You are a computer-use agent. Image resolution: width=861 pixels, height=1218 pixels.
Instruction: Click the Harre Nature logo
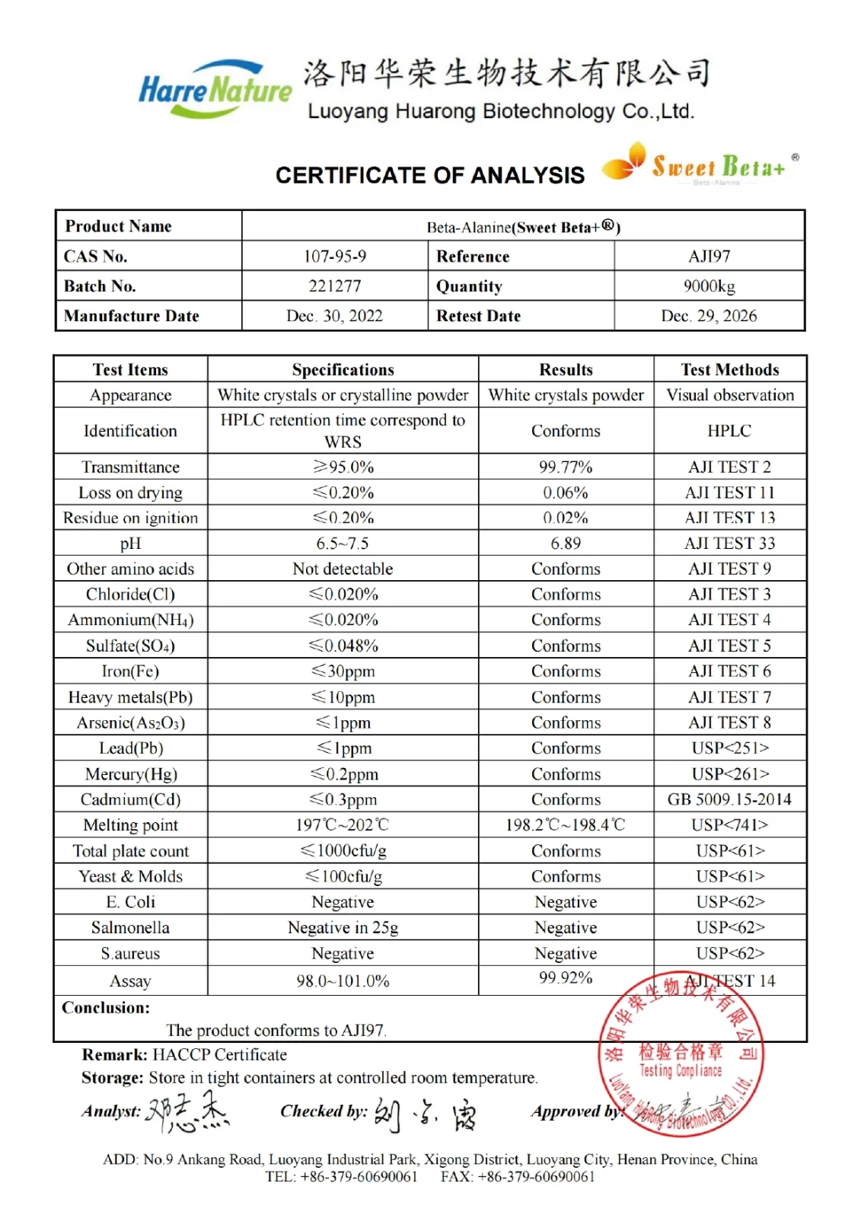[215, 90]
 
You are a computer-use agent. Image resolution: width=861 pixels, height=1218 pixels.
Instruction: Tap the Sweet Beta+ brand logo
[700, 164]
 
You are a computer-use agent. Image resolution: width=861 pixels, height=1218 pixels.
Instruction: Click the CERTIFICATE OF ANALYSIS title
[429, 176]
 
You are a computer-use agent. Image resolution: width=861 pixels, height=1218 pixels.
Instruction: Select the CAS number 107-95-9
[334, 257]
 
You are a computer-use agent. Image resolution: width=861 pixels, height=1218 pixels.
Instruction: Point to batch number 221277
[334, 286]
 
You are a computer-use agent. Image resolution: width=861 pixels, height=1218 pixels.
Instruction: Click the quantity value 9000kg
[709, 286]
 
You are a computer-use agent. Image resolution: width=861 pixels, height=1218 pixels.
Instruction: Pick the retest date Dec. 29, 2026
[709, 316]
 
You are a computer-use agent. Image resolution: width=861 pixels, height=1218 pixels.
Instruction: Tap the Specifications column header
[343, 370]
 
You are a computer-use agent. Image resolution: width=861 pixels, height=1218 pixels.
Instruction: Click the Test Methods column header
[729, 370]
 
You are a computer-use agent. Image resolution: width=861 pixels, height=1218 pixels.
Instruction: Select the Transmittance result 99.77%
[565, 467]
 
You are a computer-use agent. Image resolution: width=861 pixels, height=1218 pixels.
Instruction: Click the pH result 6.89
[565, 544]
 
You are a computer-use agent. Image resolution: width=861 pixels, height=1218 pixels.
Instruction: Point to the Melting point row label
[130, 825]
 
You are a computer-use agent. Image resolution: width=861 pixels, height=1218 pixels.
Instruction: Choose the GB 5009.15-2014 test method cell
[729, 799]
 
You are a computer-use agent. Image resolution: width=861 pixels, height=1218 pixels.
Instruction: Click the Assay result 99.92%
[565, 978]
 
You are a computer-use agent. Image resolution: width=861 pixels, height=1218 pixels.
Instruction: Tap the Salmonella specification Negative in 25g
[343, 928]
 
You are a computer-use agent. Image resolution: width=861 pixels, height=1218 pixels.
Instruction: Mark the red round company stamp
[681, 1054]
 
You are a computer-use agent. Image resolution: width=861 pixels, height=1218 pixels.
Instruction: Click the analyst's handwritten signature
[187, 1112]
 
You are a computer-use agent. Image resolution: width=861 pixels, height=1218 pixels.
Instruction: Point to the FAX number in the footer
[518, 1177]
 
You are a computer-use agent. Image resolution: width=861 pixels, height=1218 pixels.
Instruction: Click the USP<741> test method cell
[729, 825]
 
